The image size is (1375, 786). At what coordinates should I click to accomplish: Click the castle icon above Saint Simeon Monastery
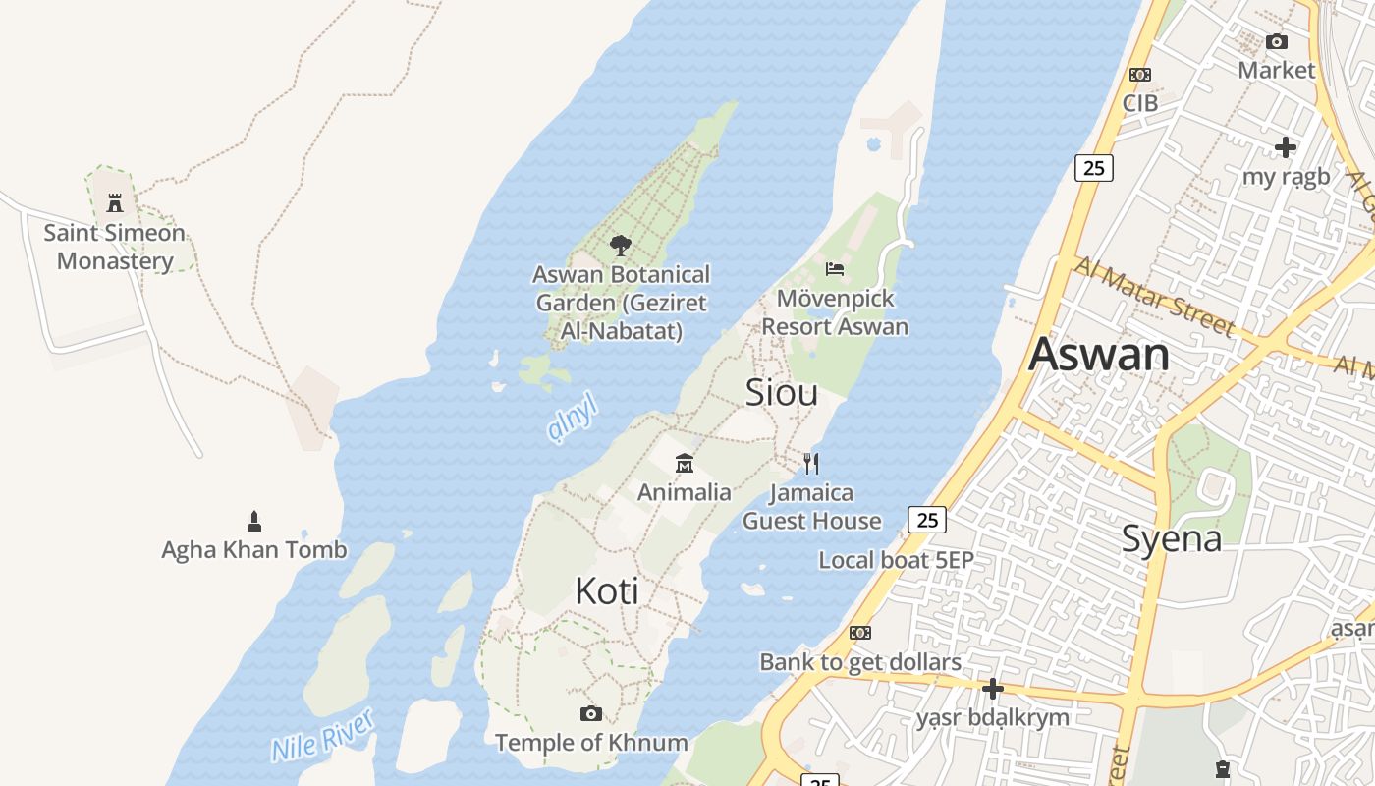coord(115,203)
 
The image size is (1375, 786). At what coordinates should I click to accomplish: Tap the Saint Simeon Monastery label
coord(114,247)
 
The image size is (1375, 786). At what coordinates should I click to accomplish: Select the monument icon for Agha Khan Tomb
coord(254,521)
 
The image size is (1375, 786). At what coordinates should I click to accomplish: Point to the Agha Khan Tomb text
coord(254,550)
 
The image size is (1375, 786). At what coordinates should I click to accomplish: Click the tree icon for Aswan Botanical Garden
coord(620,245)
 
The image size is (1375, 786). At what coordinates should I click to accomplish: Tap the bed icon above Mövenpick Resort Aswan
coord(835,268)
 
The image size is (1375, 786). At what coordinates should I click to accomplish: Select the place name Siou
coord(782,392)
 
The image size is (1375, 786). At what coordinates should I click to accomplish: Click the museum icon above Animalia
coord(685,463)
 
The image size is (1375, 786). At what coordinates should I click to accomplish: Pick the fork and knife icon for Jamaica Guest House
coord(811,463)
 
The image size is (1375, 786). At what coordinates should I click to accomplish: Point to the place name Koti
coord(607,591)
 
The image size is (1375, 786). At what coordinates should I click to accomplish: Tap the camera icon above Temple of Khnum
coord(590,713)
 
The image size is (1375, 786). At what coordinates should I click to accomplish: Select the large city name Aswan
coord(1099,354)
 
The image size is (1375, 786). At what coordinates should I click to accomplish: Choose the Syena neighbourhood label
coord(1172,538)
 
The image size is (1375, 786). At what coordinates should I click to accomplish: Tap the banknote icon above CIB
coord(1140,75)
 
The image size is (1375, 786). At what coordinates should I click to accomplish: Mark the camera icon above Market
coord(1276,41)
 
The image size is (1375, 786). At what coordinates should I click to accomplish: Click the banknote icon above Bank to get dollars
coord(860,633)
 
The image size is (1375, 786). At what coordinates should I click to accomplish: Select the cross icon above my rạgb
coord(1286,147)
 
